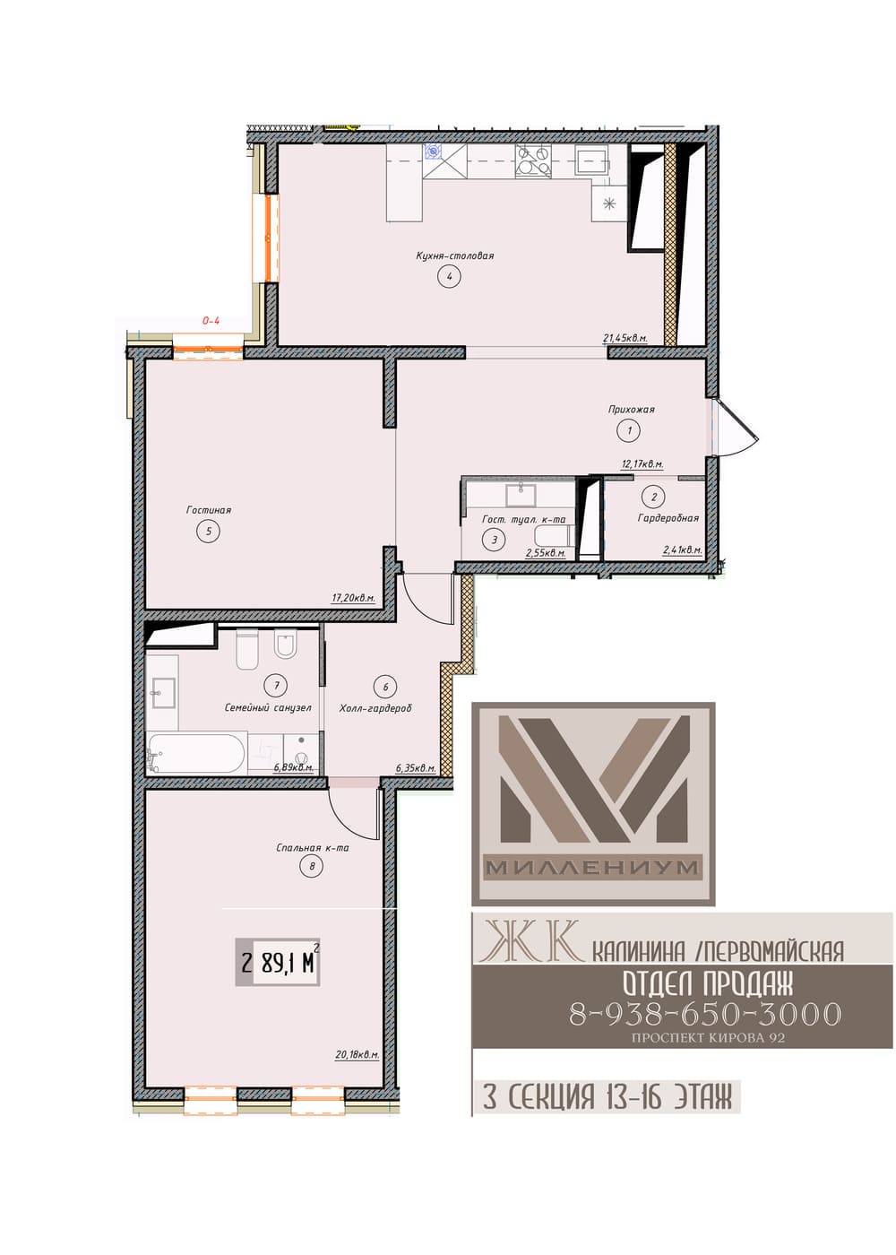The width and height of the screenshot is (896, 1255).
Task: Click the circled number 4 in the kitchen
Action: point(449,276)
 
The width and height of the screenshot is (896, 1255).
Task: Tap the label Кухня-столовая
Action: point(454,255)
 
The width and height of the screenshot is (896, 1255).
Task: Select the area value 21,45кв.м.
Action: point(625,338)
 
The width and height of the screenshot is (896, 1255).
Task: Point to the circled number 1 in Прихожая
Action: point(629,430)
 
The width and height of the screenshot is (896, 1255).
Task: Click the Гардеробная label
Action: point(668,518)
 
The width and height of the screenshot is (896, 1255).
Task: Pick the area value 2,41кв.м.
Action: point(682,550)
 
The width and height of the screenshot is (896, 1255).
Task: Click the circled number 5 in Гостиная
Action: point(208,531)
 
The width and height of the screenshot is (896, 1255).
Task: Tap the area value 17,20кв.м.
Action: point(353,599)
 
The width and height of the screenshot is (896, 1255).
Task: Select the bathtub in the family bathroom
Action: point(196,752)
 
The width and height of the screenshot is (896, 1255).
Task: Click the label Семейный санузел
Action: point(268,707)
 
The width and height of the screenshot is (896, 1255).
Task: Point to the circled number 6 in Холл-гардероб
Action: point(385,687)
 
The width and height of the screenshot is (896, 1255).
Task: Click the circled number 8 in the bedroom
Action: point(312,867)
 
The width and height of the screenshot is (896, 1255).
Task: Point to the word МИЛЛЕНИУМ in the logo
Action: point(592,868)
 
